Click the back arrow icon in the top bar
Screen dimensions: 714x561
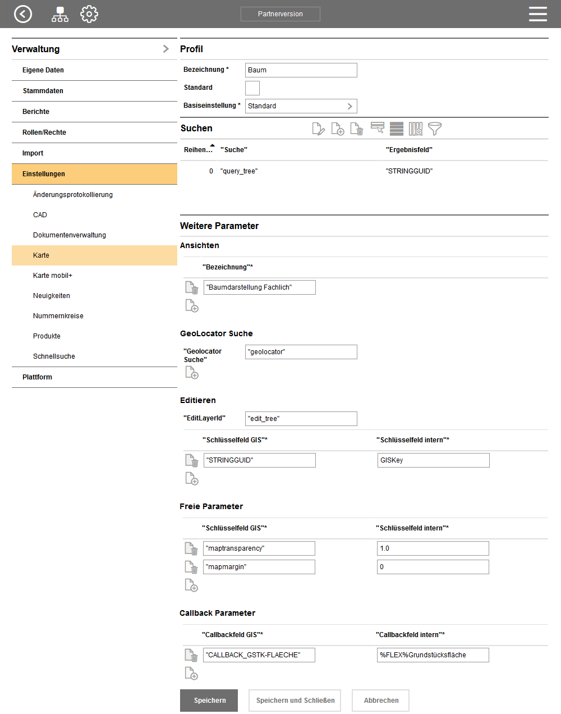tap(23, 14)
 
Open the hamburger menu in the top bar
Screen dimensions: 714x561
tap(537, 14)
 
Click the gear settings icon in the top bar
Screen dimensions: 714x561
tap(89, 14)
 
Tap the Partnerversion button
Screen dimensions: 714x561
tap(280, 14)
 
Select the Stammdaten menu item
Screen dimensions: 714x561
tap(43, 91)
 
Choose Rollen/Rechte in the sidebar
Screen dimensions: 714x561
tap(44, 132)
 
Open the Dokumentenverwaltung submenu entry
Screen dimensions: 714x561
tap(70, 235)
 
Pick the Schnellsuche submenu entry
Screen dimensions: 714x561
tap(54, 356)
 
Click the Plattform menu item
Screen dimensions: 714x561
tap(37, 377)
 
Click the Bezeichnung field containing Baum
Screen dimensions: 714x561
tap(301, 70)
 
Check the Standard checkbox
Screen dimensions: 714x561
tap(252, 88)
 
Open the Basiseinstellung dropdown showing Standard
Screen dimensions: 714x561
tap(301, 106)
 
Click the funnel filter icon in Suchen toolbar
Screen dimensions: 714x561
tap(435, 129)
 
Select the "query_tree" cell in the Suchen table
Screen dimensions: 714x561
tap(240, 171)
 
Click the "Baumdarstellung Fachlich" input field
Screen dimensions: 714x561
tap(259, 287)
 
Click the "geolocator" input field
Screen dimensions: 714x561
tap(301, 352)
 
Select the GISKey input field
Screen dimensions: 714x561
tap(433, 460)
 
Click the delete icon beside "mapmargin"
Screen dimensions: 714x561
tap(191, 567)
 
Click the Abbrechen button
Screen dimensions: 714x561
tap(380, 701)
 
